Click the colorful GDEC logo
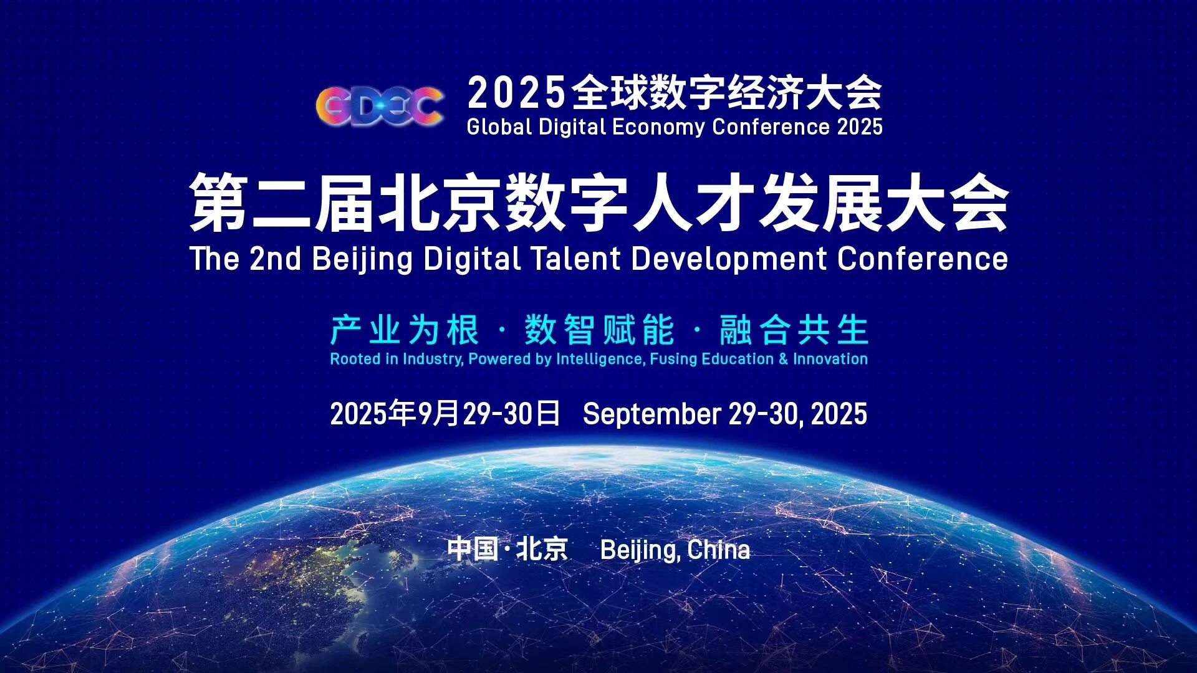coord(380,105)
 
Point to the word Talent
coord(575,259)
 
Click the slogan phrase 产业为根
coord(405,330)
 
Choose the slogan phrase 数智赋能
coord(599,330)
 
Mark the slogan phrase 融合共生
coord(794,330)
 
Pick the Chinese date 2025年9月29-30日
coord(445,413)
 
